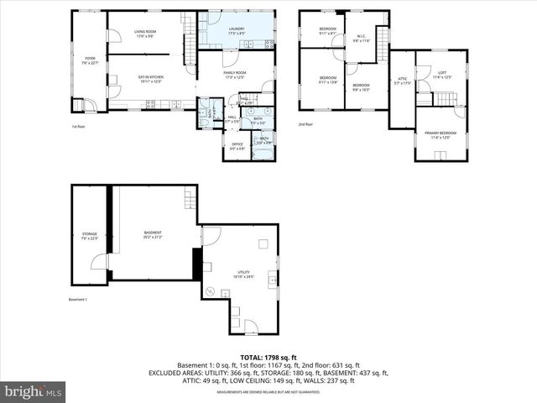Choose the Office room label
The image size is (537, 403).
point(237,145)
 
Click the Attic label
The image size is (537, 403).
point(402,81)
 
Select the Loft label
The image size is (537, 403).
point(442,75)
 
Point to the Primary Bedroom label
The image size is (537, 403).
point(441,135)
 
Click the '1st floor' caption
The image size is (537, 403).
point(79,127)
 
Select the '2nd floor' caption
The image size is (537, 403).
point(305,124)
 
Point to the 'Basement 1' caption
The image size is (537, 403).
point(78,300)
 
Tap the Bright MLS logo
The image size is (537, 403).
point(34,391)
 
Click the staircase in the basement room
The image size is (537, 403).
point(189,199)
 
